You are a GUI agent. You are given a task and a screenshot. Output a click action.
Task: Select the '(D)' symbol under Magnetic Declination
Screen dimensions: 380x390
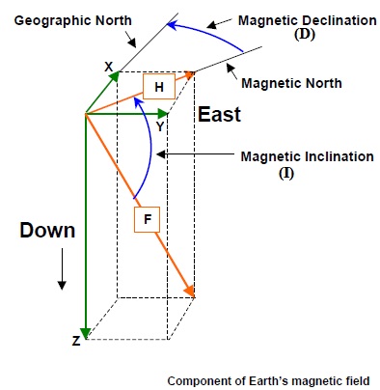coord(295,36)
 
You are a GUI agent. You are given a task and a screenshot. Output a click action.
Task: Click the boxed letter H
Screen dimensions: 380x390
coord(157,87)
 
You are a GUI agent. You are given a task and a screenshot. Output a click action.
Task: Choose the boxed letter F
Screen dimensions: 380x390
coord(147,220)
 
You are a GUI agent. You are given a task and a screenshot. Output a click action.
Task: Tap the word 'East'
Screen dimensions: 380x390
coord(219,115)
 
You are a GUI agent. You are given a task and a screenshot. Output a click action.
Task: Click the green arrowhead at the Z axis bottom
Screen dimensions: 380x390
coord(86,333)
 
